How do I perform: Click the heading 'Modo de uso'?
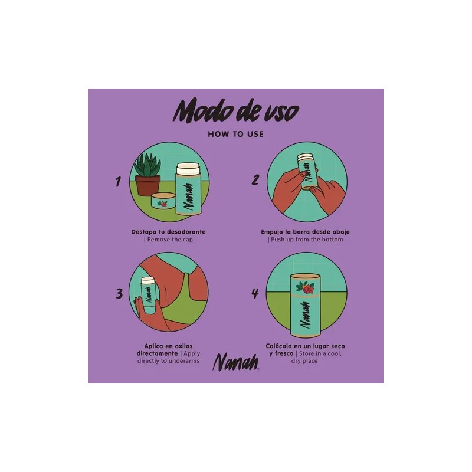(x=236, y=111)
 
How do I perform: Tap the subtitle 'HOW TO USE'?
(x=235, y=135)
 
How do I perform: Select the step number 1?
(x=118, y=182)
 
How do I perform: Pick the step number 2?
(x=255, y=180)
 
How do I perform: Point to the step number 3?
(x=119, y=293)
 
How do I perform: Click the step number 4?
(x=255, y=293)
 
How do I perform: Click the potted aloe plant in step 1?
(x=147, y=175)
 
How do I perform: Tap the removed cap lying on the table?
(x=164, y=201)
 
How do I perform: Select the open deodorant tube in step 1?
(x=188, y=189)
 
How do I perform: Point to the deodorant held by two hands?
(x=307, y=171)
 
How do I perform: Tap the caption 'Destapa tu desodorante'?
(x=168, y=232)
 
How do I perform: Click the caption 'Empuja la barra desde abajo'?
(x=305, y=232)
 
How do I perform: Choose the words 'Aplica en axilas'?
(x=168, y=346)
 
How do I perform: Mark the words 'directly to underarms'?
(x=168, y=361)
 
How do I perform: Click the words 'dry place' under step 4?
(x=304, y=361)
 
